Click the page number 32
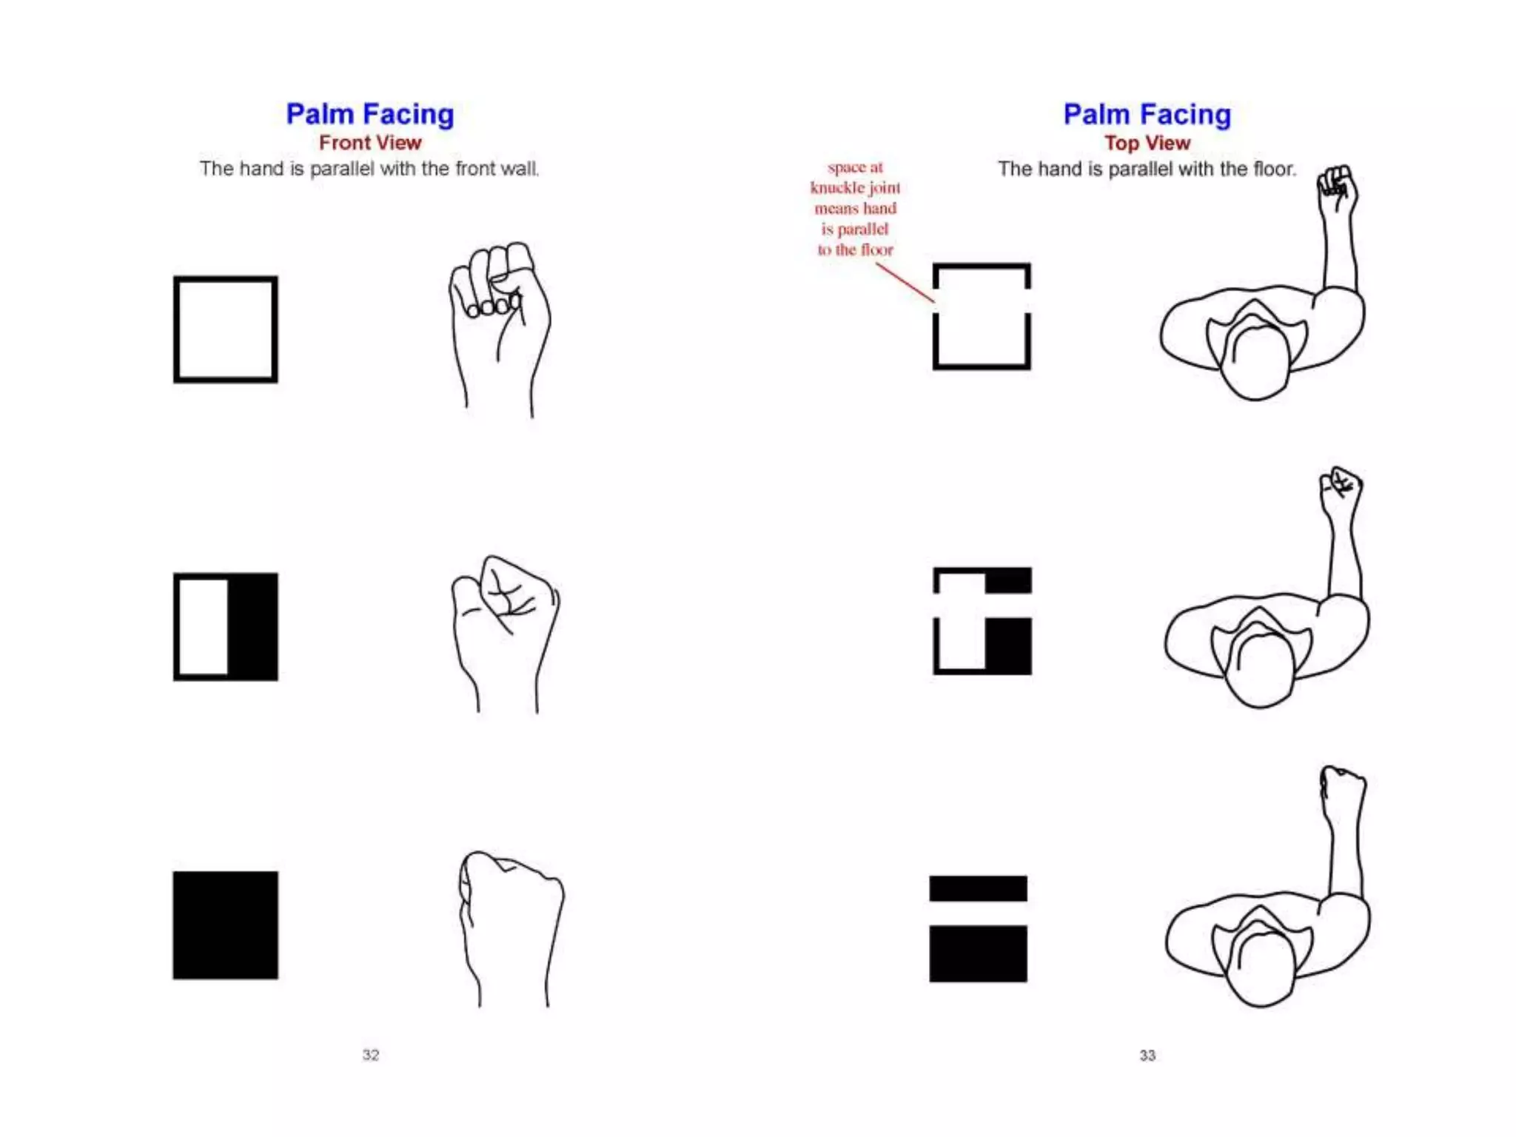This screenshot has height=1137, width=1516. tap(370, 1055)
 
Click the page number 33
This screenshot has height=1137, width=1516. tap(1147, 1055)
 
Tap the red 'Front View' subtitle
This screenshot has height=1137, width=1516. tap(370, 142)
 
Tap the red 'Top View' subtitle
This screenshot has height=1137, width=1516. tap(1147, 143)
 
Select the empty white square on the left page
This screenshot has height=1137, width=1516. tap(226, 329)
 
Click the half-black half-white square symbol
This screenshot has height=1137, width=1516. tap(226, 626)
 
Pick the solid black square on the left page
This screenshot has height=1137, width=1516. tap(226, 925)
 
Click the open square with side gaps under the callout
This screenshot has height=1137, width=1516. tap(982, 316)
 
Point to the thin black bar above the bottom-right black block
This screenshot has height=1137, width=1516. tap(978, 888)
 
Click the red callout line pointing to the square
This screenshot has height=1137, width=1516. tap(905, 283)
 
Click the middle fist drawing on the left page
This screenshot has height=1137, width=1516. tap(506, 622)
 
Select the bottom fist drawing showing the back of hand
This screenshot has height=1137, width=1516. tap(511, 918)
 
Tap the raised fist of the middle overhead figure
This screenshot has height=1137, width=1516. tap(1341, 490)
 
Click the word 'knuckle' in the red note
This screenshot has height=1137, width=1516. tap(837, 188)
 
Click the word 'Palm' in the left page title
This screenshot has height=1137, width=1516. tap(320, 114)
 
